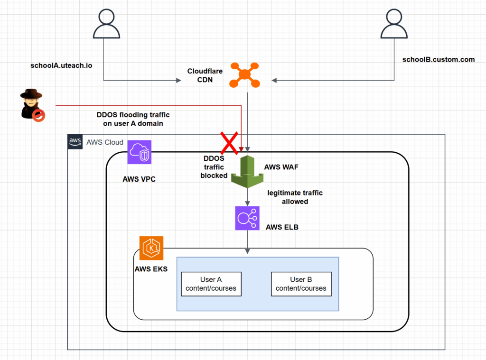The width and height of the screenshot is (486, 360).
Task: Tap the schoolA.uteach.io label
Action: point(61,65)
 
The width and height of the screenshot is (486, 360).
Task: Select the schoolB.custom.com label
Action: point(439,59)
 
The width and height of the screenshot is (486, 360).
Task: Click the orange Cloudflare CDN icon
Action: point(244,74)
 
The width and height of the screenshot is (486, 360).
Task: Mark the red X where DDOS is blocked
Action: point(228,142)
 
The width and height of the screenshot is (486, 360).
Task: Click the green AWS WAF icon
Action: point(247,172)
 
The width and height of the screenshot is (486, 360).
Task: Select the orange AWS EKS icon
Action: point(151,248)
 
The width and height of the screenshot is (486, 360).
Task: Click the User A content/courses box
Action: point(211,284)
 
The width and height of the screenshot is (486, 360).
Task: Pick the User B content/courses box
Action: point(301,284)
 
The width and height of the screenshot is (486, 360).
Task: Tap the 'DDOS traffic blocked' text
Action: point(214,166)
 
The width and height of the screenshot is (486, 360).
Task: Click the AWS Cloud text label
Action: point(104,142)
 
